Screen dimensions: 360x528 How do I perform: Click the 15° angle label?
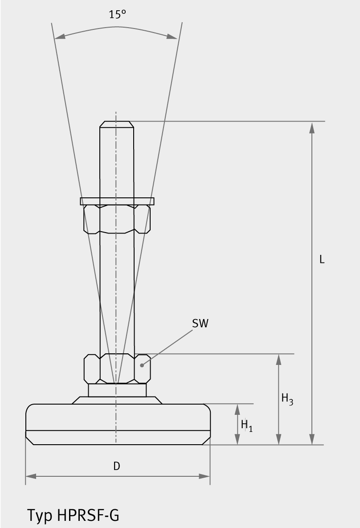117,14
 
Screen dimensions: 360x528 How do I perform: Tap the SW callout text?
200,323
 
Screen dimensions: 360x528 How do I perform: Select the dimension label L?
322,259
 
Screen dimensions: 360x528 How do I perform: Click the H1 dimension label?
246,425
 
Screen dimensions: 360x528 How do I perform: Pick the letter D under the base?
117,466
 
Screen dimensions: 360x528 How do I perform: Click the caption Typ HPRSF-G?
73,515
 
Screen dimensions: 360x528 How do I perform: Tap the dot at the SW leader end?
142,365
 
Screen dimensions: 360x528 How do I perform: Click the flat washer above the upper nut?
117,201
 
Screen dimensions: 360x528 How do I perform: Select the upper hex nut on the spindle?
117,219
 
